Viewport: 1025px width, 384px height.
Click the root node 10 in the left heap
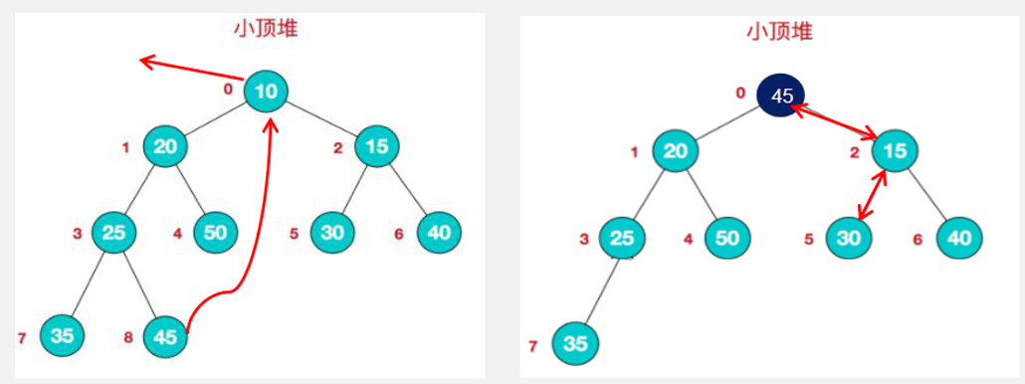[266, 92]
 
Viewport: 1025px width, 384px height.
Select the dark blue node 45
[781, 96]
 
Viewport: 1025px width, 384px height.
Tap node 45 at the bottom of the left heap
[165, 336]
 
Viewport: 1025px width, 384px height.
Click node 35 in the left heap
[62, 335]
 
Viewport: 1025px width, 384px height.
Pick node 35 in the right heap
[574, 343]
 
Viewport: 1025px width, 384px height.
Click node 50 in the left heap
[215, 233]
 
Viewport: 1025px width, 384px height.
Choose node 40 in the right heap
[959, 238]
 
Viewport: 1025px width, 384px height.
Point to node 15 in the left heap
[376, 146]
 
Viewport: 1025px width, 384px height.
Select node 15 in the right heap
[895, 151]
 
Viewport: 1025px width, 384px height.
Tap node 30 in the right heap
[848, 238]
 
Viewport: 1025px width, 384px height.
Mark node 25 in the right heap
[622, 239]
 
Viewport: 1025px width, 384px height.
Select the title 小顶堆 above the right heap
[779, 31]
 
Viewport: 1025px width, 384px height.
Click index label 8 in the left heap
[127, 337]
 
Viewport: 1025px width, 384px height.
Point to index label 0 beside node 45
[739, 94]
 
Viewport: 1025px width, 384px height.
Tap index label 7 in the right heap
[533, 346]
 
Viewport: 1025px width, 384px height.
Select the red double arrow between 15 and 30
[871, 194]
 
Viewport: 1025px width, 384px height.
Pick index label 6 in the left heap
[398, 234]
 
